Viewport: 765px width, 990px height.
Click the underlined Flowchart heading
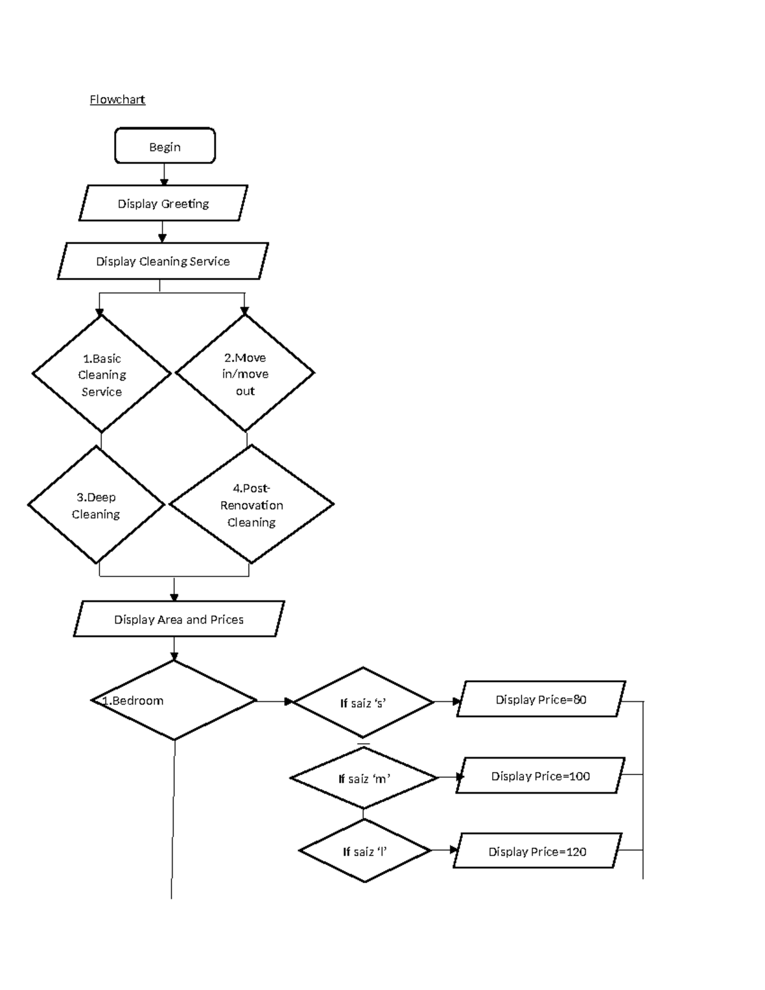click(x=117, y=99)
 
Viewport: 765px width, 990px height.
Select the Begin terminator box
click(x=164, y=146)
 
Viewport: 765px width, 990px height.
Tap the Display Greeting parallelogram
click(x=163, y=203)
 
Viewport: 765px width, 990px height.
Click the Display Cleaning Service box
click(x=163, y=261)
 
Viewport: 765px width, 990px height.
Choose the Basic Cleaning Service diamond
click(x=101, y=374)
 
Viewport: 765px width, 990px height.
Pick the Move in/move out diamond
click(x=245, y=374)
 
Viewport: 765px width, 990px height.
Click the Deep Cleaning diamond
click(x=96, y=505)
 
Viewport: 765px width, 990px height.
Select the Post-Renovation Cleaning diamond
click(x=251, y=504)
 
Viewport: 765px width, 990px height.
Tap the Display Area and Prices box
click(x=178, y=619)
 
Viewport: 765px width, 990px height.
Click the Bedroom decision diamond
click(x=174, y=701)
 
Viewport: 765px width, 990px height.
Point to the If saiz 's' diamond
click(x=363, y=702)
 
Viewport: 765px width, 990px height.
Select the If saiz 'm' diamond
click(x=364, y=778)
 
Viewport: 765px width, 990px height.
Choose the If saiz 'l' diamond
click(x=365, y=851)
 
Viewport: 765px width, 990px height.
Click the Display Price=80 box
click(x=541, y=699)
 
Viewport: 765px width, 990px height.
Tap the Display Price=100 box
click(x=540, y=776)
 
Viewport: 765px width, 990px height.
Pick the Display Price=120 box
click(x=537, y=851)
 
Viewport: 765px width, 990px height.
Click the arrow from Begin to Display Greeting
click(x=164, y=174)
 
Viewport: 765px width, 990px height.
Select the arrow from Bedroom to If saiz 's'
click(x=275, y=701)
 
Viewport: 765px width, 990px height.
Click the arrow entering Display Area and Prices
click(x=174, y=590)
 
